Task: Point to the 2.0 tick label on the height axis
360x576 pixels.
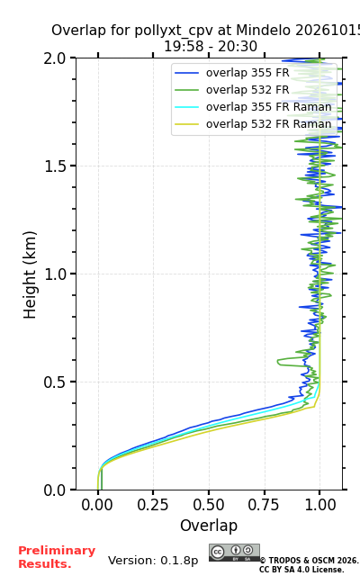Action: coord(54,58)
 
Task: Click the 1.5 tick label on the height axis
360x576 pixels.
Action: coord(54,166)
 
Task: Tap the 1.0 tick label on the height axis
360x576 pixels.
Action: coord(54,274)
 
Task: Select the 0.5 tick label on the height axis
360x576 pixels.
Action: coord(54,382)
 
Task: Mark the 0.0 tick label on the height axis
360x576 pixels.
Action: coord(54,490)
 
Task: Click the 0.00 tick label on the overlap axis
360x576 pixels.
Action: coord(97,505)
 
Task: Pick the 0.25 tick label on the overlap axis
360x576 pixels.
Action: coord(153,505)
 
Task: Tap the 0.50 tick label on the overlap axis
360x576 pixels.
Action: coord(209,505)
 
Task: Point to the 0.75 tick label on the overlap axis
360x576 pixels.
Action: coord(264,505)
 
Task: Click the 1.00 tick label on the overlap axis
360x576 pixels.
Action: coord(320,505)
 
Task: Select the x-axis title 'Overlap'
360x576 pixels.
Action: coord(209,526)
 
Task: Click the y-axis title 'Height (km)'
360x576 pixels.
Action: coord(30,274)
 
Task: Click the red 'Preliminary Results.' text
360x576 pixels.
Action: coord(57,557)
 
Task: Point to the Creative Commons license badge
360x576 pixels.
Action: coord(234,553)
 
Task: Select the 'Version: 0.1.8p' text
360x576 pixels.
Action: coord(153,561)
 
